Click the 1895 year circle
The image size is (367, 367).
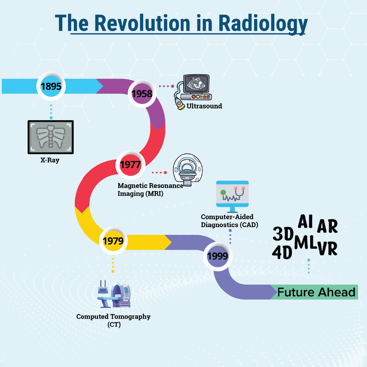(51, 86)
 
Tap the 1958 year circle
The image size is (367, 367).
(142, 94)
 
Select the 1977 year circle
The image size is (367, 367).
(130, 164)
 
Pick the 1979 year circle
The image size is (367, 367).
(113, 241)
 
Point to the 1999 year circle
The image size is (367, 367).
(218, 256)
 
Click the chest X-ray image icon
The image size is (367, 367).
(51, 137)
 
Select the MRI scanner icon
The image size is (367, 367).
(188, 169)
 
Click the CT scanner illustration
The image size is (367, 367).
(114, 294)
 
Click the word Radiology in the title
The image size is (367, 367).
(263, 24)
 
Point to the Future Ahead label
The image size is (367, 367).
(316, 292)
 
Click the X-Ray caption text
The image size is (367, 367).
(50, 160)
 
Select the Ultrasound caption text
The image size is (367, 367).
(204, 106)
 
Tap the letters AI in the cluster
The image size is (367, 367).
(305, 222)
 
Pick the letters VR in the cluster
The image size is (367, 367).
(327, 249)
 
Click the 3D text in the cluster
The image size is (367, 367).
(283, 234)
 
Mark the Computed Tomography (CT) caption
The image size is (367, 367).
(114, 320)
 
